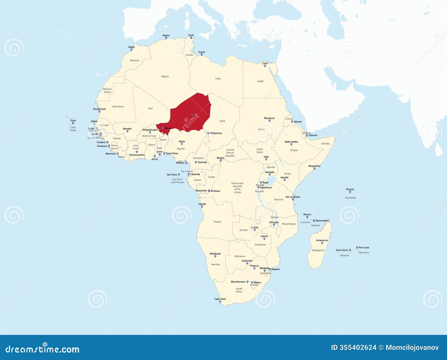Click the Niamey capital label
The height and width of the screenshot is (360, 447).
pyautogui.click(x=168, y=128)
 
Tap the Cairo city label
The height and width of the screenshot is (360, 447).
pyautogui.click(x=265, y=63)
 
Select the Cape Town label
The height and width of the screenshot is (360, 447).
pyautogui.click(x=220, y=299)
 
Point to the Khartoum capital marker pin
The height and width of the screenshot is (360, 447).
pyautogui.click(x=270, y=121)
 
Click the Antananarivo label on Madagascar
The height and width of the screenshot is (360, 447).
pyautogui.click(x=322, y=240)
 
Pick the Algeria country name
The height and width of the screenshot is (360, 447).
pyautogui.click(x=165, y=76)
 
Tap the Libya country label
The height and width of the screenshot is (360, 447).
pyautogui.click(x=218, y=78)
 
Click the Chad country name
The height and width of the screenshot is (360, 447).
pyautogui.click(x=222, y=121)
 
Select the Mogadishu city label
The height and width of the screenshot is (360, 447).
pyautogui.click(x=314, y=166)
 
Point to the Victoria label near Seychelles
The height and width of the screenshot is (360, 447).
pyautogui.click(x=350, y=189)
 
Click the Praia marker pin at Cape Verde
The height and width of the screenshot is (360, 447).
pyautogui.click(x=73, y=123)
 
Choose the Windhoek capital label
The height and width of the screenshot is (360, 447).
pyautogui.click(x=215, y=254)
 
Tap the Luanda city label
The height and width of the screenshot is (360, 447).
pyautogui.click(x=202, y=204)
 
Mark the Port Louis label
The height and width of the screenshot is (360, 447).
pyautogui.click(x=364, y=248)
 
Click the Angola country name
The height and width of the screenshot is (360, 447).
pyautogui.click(x=217, y=222)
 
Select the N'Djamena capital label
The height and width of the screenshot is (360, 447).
pyautogui.click(x=216, y=133)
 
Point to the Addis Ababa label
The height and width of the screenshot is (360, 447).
pyautogui.click(x=291, y=142)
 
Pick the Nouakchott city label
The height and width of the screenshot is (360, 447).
pyautogui.click(x=99, y=109)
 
